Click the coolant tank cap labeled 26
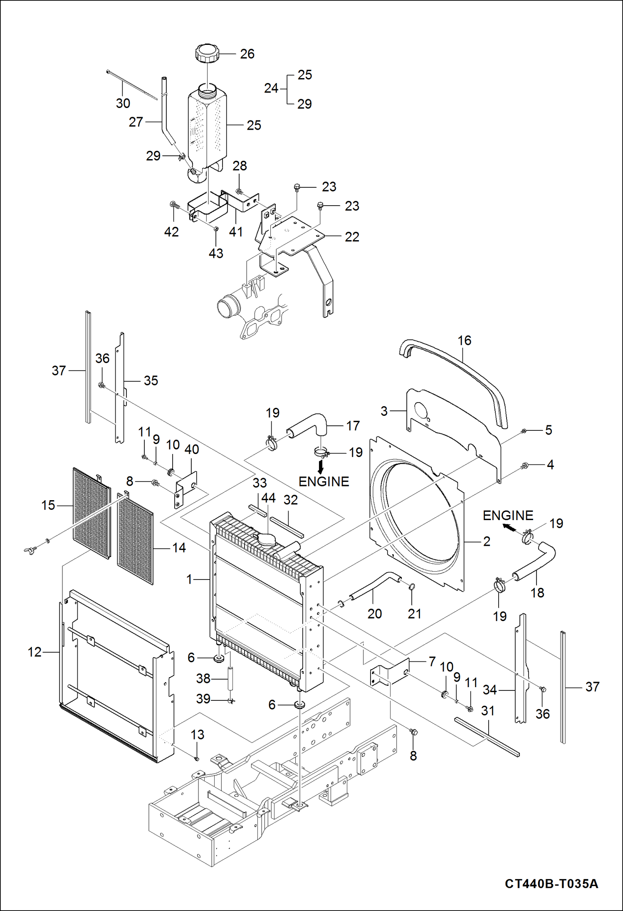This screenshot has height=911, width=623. click(207, 53)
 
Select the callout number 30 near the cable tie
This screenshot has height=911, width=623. click(123, 103)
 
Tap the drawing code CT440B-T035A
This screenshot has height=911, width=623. click(551, 883)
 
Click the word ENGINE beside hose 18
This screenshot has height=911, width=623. click(508, 516)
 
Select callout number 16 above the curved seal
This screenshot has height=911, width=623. click(464, 341)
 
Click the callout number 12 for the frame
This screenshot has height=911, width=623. click(35, 652)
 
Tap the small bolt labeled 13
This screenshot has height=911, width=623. click(197, 759)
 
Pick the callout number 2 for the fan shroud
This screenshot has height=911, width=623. click(487, 541)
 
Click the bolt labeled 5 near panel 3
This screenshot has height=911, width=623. click(524, 432)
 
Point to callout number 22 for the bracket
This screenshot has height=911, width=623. click(352, 237)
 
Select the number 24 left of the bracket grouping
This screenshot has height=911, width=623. click(271, 88)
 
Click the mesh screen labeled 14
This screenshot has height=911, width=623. click(135, 540)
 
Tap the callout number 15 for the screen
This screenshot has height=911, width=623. click(48, 505)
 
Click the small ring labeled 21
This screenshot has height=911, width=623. click(412, 587)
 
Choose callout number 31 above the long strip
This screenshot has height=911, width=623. click(487, 711)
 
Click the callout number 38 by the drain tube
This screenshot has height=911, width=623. click(203, 678)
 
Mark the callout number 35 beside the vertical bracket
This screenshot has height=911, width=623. click(151, 381)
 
